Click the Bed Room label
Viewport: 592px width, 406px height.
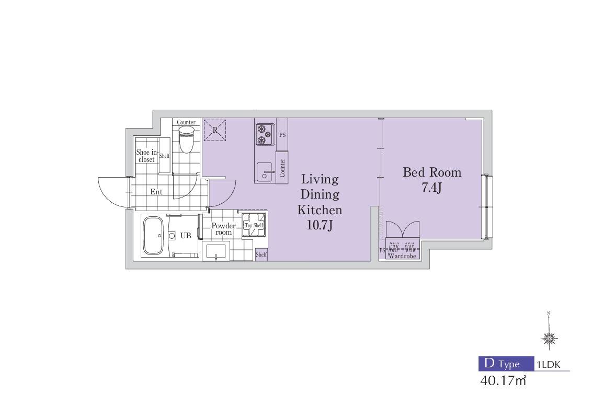[x=432, y=172]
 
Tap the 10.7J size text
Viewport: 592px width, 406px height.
[x=320, y=225]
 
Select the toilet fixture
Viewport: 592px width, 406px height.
[x=186, y=139]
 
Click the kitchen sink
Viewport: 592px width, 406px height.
[x=266, y=172]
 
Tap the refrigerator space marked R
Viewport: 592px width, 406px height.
[x=214, y=130]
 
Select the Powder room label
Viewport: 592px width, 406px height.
[x=223, y=229]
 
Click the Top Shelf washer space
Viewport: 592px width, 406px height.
[x=254, y=225]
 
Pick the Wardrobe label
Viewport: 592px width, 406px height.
[x=402, y=256]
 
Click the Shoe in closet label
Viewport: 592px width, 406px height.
[x=146, y=156]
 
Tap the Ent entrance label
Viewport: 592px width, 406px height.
[x=156, y=192]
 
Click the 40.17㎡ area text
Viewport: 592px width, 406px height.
[x=503, y=380]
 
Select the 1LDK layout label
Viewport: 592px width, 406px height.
[x=549, y=365]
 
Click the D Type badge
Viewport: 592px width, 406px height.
[x=506, y=363]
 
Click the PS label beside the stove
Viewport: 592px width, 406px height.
[x=282, y=135]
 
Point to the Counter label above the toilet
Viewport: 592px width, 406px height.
[x=186, y=122]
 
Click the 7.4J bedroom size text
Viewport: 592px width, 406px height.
[x=431, y=187]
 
